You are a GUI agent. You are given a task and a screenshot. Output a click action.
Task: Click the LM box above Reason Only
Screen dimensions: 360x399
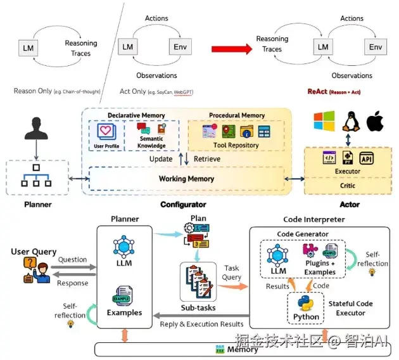click(x=28, y=48)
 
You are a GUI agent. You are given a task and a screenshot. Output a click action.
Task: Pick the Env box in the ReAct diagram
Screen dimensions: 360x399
click(x=376, y=48)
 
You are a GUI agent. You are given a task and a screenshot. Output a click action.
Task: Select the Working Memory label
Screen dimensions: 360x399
click(x=186, y=179)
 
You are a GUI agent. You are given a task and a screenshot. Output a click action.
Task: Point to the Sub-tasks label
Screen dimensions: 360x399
click(x=198, y=308)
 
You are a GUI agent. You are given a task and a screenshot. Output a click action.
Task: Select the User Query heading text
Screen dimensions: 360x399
click(x=34, y=252)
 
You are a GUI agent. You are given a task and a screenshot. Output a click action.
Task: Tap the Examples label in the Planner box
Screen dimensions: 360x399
click(x=124, y=312)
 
